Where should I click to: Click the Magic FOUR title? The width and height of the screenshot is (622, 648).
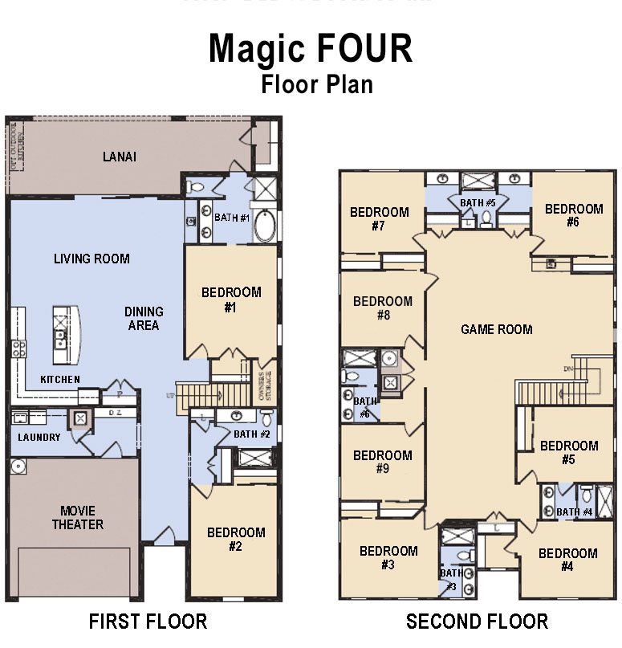click(311, 49)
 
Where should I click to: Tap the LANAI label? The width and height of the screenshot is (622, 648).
click(119, 157)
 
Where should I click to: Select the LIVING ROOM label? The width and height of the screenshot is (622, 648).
click(91, 259)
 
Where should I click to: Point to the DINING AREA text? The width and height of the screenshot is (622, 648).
click(144, 318)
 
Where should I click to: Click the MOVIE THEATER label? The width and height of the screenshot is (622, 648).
click(78, 517)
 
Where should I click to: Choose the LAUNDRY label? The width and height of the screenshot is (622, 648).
click(39, 438)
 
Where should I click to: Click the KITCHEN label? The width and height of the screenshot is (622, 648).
click(60, 379)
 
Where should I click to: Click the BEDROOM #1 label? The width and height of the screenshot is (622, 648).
click(231, 300)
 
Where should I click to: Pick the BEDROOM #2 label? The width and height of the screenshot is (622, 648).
click(236, 540)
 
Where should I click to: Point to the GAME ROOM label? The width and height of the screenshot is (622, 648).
click(496, 329)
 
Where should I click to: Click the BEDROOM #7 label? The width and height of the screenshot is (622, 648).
click(379, 219)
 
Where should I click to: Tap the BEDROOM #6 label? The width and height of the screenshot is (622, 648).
click(573, 215)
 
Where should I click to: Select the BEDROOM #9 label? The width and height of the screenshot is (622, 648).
click(382, 462)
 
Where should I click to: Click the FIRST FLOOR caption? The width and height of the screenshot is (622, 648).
click(148, 622)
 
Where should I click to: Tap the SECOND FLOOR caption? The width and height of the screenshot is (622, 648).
click(477, 622)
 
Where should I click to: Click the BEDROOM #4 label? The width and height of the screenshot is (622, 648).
click(567, 560)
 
